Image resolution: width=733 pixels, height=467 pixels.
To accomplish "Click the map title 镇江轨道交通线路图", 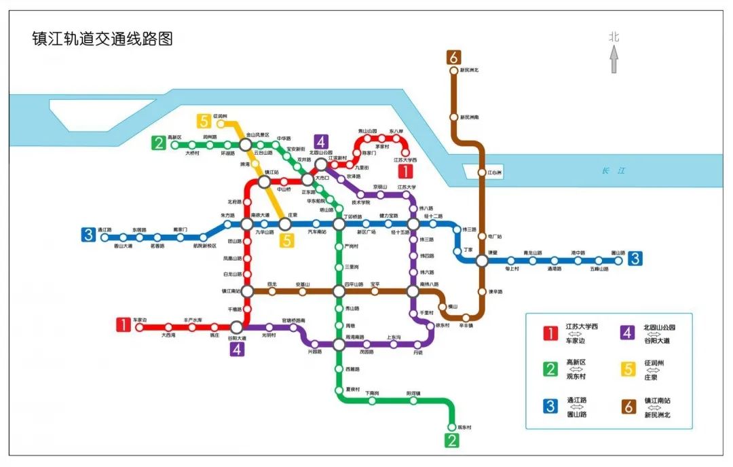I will [x=102, y=39].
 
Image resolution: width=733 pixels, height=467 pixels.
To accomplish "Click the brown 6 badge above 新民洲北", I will [x=454, y=58].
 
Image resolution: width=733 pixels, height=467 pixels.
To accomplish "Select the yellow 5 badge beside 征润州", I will [x=204, y=122].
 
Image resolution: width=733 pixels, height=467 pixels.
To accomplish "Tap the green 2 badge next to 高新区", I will [x=159, y=143].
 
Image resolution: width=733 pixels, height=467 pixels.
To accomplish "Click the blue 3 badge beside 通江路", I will [x=88, y=235].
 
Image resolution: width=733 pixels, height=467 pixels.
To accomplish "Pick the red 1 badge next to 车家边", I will [x=124, y=325].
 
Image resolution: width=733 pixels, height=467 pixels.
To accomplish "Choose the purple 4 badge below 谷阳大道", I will [x=237, y=349].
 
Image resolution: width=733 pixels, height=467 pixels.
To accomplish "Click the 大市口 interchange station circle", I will [x=308, y=180].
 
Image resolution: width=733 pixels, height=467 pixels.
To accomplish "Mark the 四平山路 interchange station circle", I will [x=339, y=291].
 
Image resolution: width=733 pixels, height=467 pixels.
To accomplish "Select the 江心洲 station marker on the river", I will [x=482, y=173].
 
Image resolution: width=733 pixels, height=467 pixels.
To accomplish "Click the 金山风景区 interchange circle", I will [x=246, y=144].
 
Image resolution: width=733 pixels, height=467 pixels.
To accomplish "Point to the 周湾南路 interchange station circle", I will [x=339, y=345].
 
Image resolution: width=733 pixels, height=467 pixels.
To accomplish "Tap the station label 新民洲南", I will [x=469, y=117].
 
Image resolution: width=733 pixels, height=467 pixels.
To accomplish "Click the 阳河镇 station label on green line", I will [x=413, y=394].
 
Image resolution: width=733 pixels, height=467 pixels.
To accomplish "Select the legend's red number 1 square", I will [x=550, y=333].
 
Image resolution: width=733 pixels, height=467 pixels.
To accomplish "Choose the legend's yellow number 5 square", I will [x=628, y=370].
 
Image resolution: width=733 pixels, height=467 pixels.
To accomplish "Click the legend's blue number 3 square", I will [x=550, y=407].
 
